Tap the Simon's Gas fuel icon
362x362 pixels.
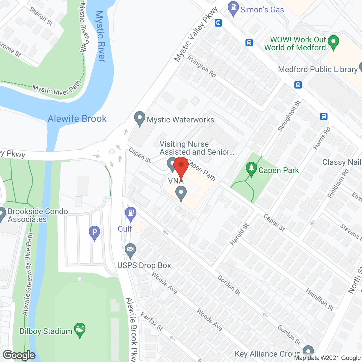pyautogui.click(x=233, y=8)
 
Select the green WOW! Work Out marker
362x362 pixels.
pyautogui.click(x=333, y=42)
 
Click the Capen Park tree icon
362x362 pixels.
pyautogui.click(x=251, y=169)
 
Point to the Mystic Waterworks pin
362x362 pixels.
pyautogui.click(x=139, y=119)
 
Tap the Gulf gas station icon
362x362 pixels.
pyautogui.click(x=131, y=214)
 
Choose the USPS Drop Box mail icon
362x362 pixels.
pyautogui.click(x=130, y=250)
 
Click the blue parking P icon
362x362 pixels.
pyautogui.click(x=94, y=233)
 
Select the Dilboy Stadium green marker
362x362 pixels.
pyautogui.click(x=80, y=330)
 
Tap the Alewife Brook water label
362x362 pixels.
pyautogui.click(x=77, y=119)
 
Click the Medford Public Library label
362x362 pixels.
pyautogui.click(x=318, y=70)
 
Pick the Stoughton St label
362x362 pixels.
pyautogui.click(x=289, y=116)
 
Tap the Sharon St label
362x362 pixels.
pyautogui.click(x=41, y=16)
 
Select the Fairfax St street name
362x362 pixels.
pyautogui.click(x=152, y=322)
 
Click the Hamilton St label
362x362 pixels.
pyautogui.click(x=320, y=299)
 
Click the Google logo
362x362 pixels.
pyautogui.click(x=19, y=355)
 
